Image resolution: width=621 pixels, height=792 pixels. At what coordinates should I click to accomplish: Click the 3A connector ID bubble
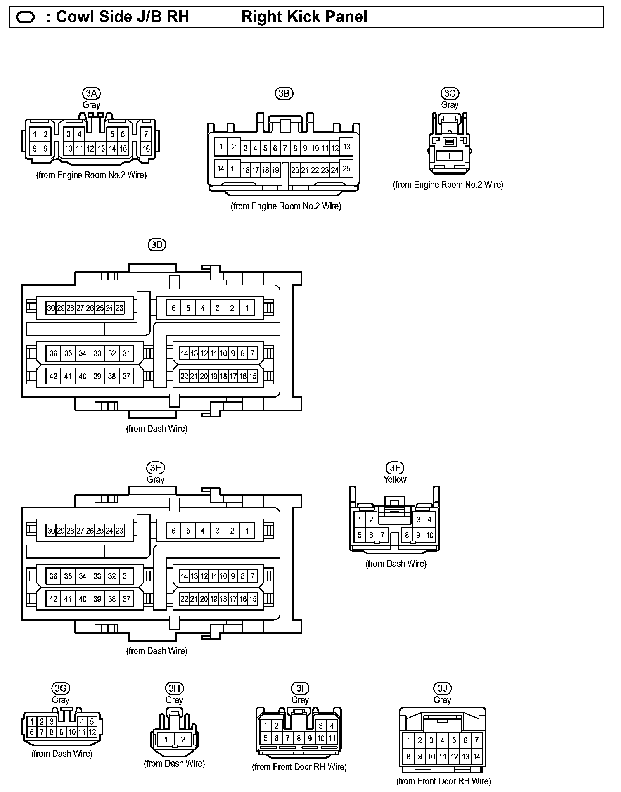(x=91, y=93)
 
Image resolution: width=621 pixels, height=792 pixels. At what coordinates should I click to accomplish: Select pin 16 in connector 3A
(x=146, y=149)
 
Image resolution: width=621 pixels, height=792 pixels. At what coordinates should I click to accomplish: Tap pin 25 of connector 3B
(x=346, y=168)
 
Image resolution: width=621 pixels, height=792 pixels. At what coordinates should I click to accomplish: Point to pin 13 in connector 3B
(x=346, y=147)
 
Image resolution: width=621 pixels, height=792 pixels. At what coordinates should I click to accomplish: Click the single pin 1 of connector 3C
(x=449, y=157)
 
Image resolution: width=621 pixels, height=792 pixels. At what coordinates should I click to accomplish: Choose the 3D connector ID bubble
(x=156, y=245)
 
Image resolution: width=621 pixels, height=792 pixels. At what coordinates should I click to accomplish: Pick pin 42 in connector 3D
(x=53, y=376)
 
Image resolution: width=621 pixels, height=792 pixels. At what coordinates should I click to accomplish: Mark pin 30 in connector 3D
(x=51, y=308)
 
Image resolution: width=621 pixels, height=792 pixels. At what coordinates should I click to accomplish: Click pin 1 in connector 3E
(x=247, y=531)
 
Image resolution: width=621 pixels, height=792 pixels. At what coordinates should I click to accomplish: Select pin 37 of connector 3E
(x=126, y=599)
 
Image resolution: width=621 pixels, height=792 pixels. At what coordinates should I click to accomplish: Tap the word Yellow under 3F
(x=395, y=479)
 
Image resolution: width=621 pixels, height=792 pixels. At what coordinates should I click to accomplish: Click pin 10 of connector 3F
(x=429, y=535)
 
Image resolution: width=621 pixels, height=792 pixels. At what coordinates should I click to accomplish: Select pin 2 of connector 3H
(x=183, y=740)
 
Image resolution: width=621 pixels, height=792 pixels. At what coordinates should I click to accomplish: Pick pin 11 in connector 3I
(x=332, y=738)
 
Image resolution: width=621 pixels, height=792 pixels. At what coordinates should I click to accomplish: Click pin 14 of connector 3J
(x=476, y=757)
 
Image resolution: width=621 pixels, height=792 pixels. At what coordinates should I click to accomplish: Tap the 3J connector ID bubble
(x=442, y=688)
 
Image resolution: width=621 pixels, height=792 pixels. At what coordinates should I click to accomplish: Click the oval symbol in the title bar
(x=26, y=17)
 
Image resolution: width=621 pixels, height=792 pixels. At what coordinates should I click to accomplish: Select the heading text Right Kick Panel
(x=304, y=17)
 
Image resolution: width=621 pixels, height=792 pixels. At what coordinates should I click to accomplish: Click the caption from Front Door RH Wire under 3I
(x=299, y=767)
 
